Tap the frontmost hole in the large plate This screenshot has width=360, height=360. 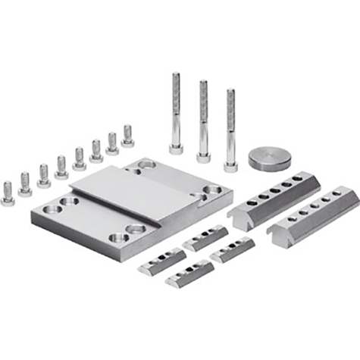(x=118, y=238)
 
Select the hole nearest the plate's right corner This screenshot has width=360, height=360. (x=212, y=190)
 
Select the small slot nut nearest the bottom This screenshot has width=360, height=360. (x=188, y=274)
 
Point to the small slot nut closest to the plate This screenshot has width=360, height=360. (x=205, y=236)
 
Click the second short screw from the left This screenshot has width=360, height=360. (x=25, y=183)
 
